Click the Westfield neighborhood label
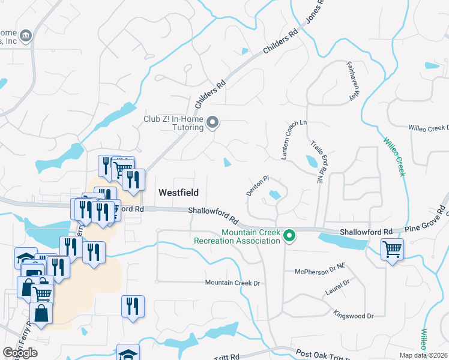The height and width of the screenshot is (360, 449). click(178, 193)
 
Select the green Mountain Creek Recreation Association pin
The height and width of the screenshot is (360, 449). click(289, 236)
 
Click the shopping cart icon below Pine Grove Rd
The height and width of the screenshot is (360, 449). click(392, 248)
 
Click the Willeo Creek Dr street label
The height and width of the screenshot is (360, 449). click(429, 128)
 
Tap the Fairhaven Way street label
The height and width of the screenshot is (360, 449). click(355, 81)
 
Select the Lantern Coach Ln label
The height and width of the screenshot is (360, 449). click(295, 140)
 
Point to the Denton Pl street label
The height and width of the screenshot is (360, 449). click(258, 185)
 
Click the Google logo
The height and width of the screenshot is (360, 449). click(20, 352)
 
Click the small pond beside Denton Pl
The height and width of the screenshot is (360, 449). click(274, 194)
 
